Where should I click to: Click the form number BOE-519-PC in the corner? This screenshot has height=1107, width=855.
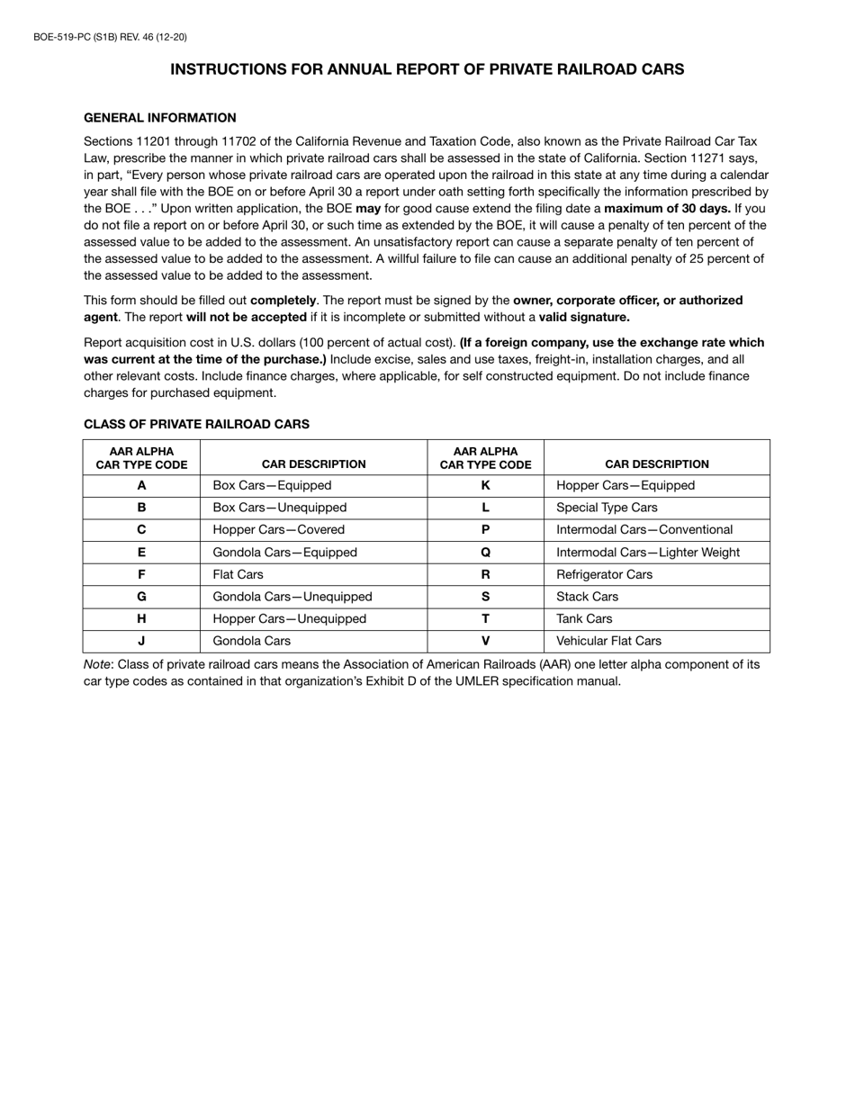(110, 37)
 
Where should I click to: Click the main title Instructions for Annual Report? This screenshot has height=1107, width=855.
(427, 69)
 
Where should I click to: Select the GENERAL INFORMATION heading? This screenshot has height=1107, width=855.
(159, 118)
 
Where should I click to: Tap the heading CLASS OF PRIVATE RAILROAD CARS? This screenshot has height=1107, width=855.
(196, 424)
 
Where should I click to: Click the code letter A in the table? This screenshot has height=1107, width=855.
(141, 485)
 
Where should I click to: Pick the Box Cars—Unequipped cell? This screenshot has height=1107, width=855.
(279, 508)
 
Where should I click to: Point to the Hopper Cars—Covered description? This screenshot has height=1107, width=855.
(278, 530)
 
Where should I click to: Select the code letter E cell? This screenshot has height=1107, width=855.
(141, 553)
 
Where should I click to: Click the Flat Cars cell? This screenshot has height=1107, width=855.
(238, 574)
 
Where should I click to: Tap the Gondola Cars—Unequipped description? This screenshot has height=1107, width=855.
(292, 597)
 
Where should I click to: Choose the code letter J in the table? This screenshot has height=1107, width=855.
(141, 641)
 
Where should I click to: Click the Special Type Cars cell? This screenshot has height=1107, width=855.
(607, 508)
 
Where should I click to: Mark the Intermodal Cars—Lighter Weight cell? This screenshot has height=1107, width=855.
(648, 553)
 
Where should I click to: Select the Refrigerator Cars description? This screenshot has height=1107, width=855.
(604, 574)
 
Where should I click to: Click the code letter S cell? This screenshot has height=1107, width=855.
(485, 597)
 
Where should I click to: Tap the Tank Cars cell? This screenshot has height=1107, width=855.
(584, 619)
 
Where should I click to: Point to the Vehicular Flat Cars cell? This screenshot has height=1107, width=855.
(608, 641)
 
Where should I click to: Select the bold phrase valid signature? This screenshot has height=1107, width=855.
(584, 317)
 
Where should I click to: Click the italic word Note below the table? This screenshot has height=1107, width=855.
(97, 664)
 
